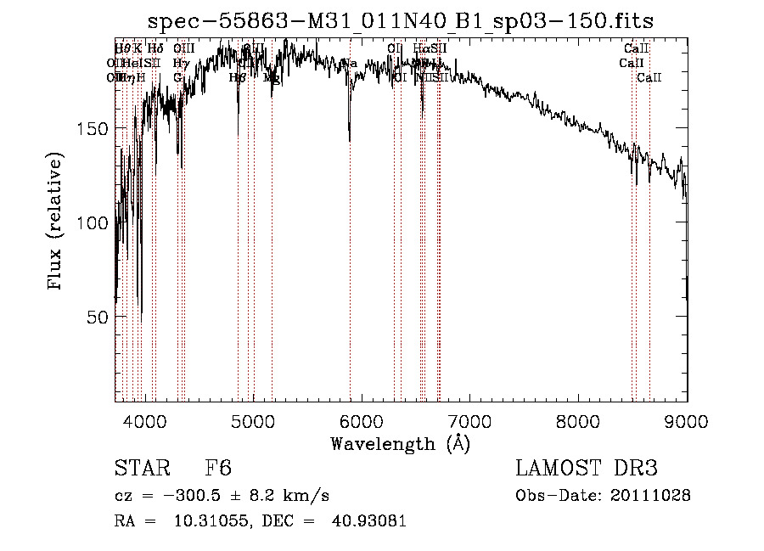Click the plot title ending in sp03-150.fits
[400, 21]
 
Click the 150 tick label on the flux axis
[91, 128]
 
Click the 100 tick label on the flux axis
[91, 222]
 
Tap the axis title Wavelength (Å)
[400, 444]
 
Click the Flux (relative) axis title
[57, 222]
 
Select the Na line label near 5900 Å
[349, 64]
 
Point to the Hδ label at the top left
[154, 48]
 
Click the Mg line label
[272, 77]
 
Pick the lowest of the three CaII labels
[649, 77]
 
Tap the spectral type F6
[218, 469]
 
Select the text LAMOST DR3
[587, 469]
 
